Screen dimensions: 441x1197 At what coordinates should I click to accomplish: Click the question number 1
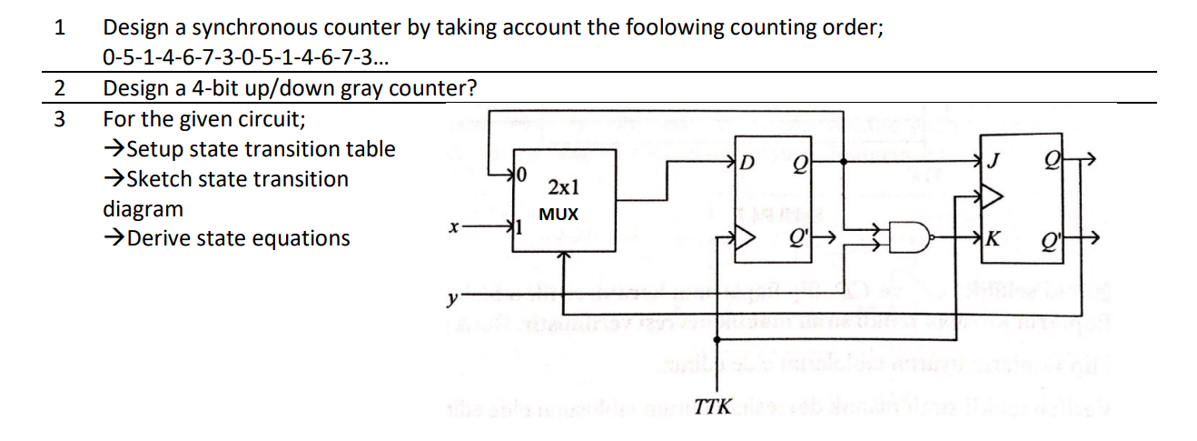click(59, 27)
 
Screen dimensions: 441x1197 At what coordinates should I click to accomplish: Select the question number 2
click(59, 89)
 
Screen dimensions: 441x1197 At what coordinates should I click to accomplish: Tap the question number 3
click(59, 119)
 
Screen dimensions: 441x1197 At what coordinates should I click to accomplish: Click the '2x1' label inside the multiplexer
click(558, 188)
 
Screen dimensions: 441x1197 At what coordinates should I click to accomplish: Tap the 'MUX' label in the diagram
click(558, 215)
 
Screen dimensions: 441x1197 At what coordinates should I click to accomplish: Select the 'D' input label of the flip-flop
click(747, 164)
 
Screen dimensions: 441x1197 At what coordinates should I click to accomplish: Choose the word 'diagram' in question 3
click(143, 209)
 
